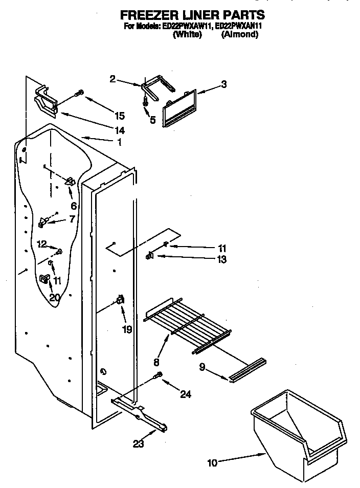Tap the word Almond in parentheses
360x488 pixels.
coord(239,35)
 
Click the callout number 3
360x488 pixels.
coord(223,85)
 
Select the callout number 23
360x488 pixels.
coord(138,445)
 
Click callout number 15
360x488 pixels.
coord(120,115)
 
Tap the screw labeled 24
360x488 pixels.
coord(159,376)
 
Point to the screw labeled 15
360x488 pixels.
coord(79,94)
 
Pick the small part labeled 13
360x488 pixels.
coord(150,256)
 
